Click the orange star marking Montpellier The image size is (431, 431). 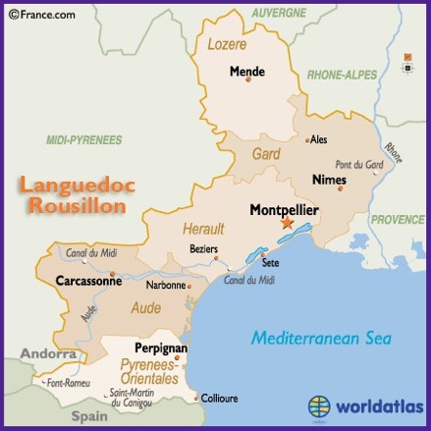click(x=287, y=224)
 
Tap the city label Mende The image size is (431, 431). click(x=247, y=71)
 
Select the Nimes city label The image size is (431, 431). click(x=328, y=180)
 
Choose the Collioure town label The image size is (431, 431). click(x=219, y=400)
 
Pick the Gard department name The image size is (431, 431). click(x=266, y=154)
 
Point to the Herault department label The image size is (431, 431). click(x=204, y=229)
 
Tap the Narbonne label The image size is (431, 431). click(x=166, y=286)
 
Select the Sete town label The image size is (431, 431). click(x=269, y=262)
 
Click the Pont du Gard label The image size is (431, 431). click(x=358, y=164)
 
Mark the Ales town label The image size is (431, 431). click(x=318, y=139)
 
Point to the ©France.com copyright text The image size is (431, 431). click(x=37, y=14)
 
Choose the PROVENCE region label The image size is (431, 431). click(x=397, y=219)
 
